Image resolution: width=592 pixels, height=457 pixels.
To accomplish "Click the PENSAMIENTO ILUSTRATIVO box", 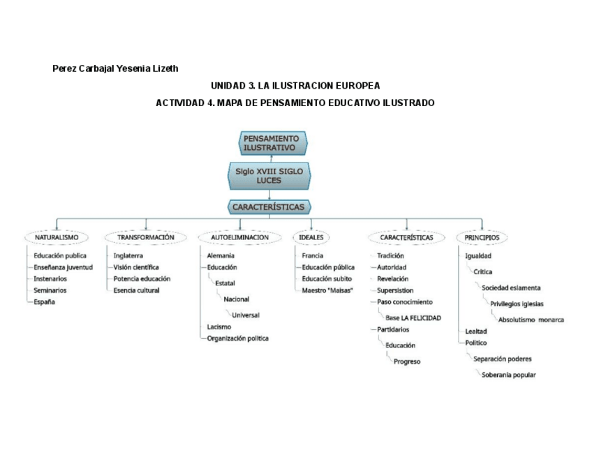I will tap(273, 143).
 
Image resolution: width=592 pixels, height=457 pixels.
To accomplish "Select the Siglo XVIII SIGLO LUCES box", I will tap(269, 175).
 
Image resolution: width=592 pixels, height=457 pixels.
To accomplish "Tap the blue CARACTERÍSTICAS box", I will tap(269, 207).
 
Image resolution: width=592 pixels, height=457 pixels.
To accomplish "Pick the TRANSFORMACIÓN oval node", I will tap(146, 237).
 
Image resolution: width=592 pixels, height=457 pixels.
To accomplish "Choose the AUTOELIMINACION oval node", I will tap(239, 237).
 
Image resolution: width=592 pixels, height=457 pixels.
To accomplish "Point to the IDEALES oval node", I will tap(311, 237).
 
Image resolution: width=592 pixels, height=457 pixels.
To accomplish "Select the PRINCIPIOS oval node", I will tap(482, 237).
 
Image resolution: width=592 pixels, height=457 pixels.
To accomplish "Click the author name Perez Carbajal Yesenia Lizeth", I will tap(115, 68).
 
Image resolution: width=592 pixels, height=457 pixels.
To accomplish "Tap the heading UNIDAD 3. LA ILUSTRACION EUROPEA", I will tap(295, 86).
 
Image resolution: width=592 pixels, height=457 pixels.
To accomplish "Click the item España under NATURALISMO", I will tap(45, 302).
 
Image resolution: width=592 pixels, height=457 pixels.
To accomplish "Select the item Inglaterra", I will tap(128, 255).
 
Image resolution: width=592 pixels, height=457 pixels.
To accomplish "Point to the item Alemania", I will tap(221, 255).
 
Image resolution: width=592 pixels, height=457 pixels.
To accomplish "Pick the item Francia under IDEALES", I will tap(312, 255).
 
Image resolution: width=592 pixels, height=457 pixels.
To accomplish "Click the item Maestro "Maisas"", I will tap(327, 290).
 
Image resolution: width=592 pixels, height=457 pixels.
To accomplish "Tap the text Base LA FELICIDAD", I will tap(413, 317).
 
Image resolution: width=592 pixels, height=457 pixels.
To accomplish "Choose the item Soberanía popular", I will tap(509, 375).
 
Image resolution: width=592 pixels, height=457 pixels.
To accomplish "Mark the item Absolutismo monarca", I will tap(531, 320).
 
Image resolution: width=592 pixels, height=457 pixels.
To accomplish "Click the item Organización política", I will tap(237, 338).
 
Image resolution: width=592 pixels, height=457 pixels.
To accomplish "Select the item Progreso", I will tap(407, 361).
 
